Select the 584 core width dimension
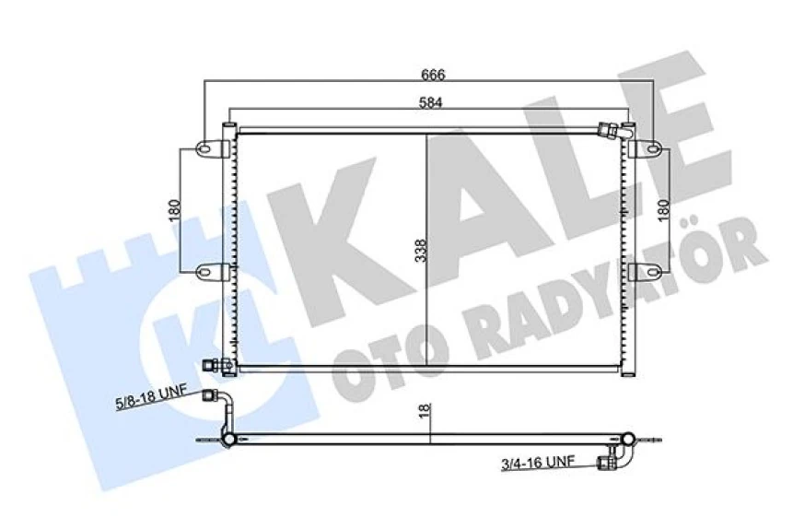point(430,103)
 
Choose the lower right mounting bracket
point(647,271)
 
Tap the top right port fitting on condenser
point(611,131)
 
